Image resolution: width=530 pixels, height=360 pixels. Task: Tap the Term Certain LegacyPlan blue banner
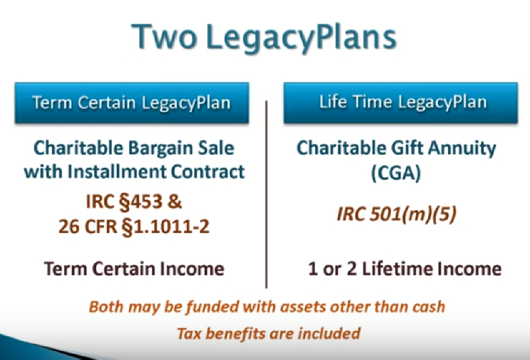pyautogui.click(x=131, y=102)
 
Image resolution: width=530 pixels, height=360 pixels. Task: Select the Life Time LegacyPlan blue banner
pyautogui.click(x=401, y=102)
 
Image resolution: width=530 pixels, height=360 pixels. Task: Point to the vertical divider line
pyautogui.click(x=266, y=194)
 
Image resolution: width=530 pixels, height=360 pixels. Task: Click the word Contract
pyautogui.click(x=208, y=172)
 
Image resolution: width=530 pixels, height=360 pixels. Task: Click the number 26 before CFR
pyautogui.click(x=69, y=226)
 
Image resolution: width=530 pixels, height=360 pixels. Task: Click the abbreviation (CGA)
pyautogui.click(x=396, y=173)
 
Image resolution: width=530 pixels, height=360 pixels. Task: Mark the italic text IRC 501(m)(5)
pyautogui.click(x=396, y=214)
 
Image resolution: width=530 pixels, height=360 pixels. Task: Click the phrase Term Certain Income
pyautogui.click(x=134, y=268)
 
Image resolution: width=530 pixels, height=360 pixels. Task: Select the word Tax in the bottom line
pyautogui.click(x=190, y=333)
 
